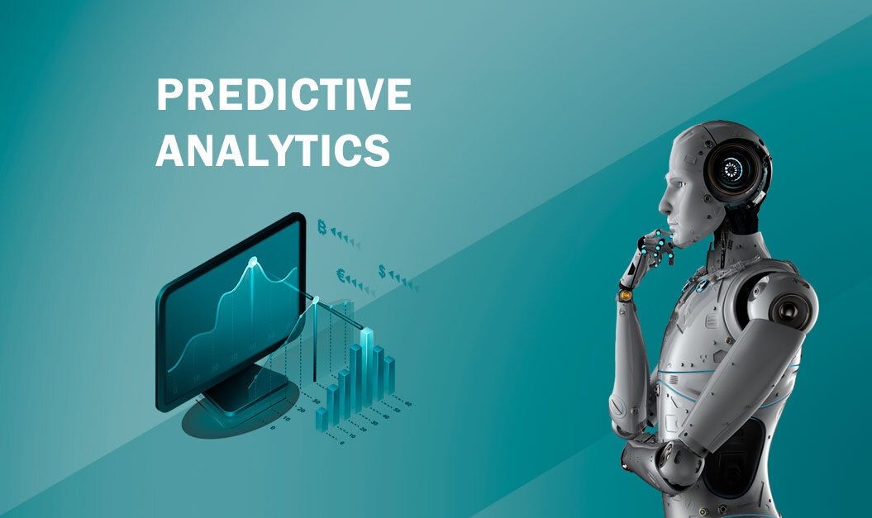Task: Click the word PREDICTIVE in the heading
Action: point(283,96)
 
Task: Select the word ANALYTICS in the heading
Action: point(273,151)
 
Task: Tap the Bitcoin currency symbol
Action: point(322,227)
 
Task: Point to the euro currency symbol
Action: point(341,275)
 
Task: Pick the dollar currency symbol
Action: point(383,271)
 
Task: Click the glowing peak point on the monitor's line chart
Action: point(254,262)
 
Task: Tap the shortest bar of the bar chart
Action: point(322,418)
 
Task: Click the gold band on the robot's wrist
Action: point(626,294)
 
